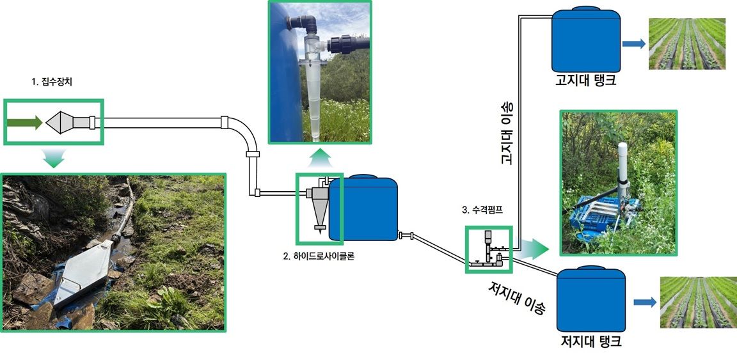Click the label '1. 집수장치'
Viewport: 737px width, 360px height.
[x=52, y=82]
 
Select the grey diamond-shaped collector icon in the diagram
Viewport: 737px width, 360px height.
[x=59, y=123]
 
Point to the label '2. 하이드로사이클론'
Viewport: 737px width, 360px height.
[x=318, y=256]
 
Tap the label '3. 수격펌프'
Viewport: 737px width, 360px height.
[x=482, y=210]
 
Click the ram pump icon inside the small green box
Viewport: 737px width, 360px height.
[x=489, y=250]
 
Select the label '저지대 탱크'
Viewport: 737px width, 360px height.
[x=591, y=340]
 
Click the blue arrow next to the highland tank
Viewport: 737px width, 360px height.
[x=633, y=43]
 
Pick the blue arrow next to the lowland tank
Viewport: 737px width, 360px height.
[x=645, y=302]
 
